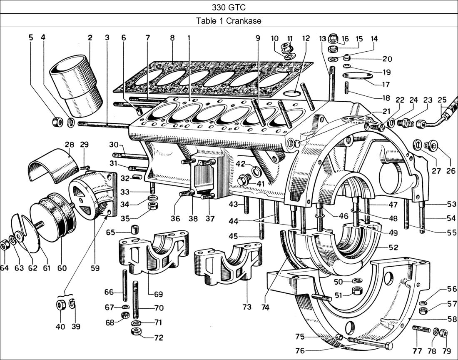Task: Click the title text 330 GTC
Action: (229, 7)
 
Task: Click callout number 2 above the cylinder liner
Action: (90, 37)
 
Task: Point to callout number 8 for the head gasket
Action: (172, 37)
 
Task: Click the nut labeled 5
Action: (57, 122)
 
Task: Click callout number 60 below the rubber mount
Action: (62, 268)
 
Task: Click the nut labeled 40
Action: (60, 305)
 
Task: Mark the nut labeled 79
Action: (443, 333)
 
